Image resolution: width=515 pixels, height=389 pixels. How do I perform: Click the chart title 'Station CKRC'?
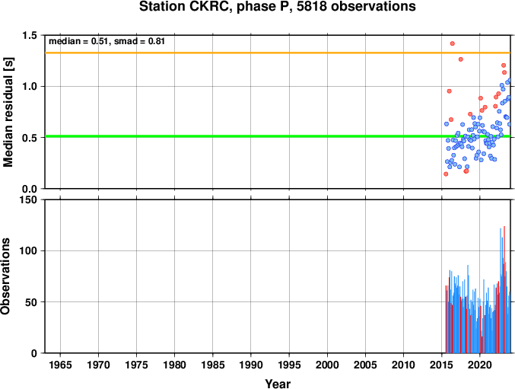(186, 7)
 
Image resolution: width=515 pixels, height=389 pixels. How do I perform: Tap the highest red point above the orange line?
(453, 43)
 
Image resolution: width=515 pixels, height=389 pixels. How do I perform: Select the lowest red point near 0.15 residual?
(446, 174)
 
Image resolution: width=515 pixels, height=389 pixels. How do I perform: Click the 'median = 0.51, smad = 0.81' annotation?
(106, 41)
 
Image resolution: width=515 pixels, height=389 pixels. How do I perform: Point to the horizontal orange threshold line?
(277, 53)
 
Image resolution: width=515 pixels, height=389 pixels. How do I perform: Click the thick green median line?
(277, 136)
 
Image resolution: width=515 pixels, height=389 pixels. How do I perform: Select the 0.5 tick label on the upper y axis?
(30, 138)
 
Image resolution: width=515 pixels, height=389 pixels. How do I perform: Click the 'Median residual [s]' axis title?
(8, 112)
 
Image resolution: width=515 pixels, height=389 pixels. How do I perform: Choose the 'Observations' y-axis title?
(5, 276)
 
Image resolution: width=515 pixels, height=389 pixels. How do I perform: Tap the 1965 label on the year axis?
(60, 365)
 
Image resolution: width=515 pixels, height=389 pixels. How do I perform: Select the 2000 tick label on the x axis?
(327, 365)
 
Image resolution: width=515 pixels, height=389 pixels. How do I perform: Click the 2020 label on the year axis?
(479, 365)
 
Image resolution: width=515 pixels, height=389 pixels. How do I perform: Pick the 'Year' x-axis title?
(278, 384)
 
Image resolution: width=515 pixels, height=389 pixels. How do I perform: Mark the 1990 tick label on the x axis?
(251, 365)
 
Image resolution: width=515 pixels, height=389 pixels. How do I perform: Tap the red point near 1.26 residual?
(461, 59)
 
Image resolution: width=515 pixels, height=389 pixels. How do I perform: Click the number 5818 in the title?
(312, 7)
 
